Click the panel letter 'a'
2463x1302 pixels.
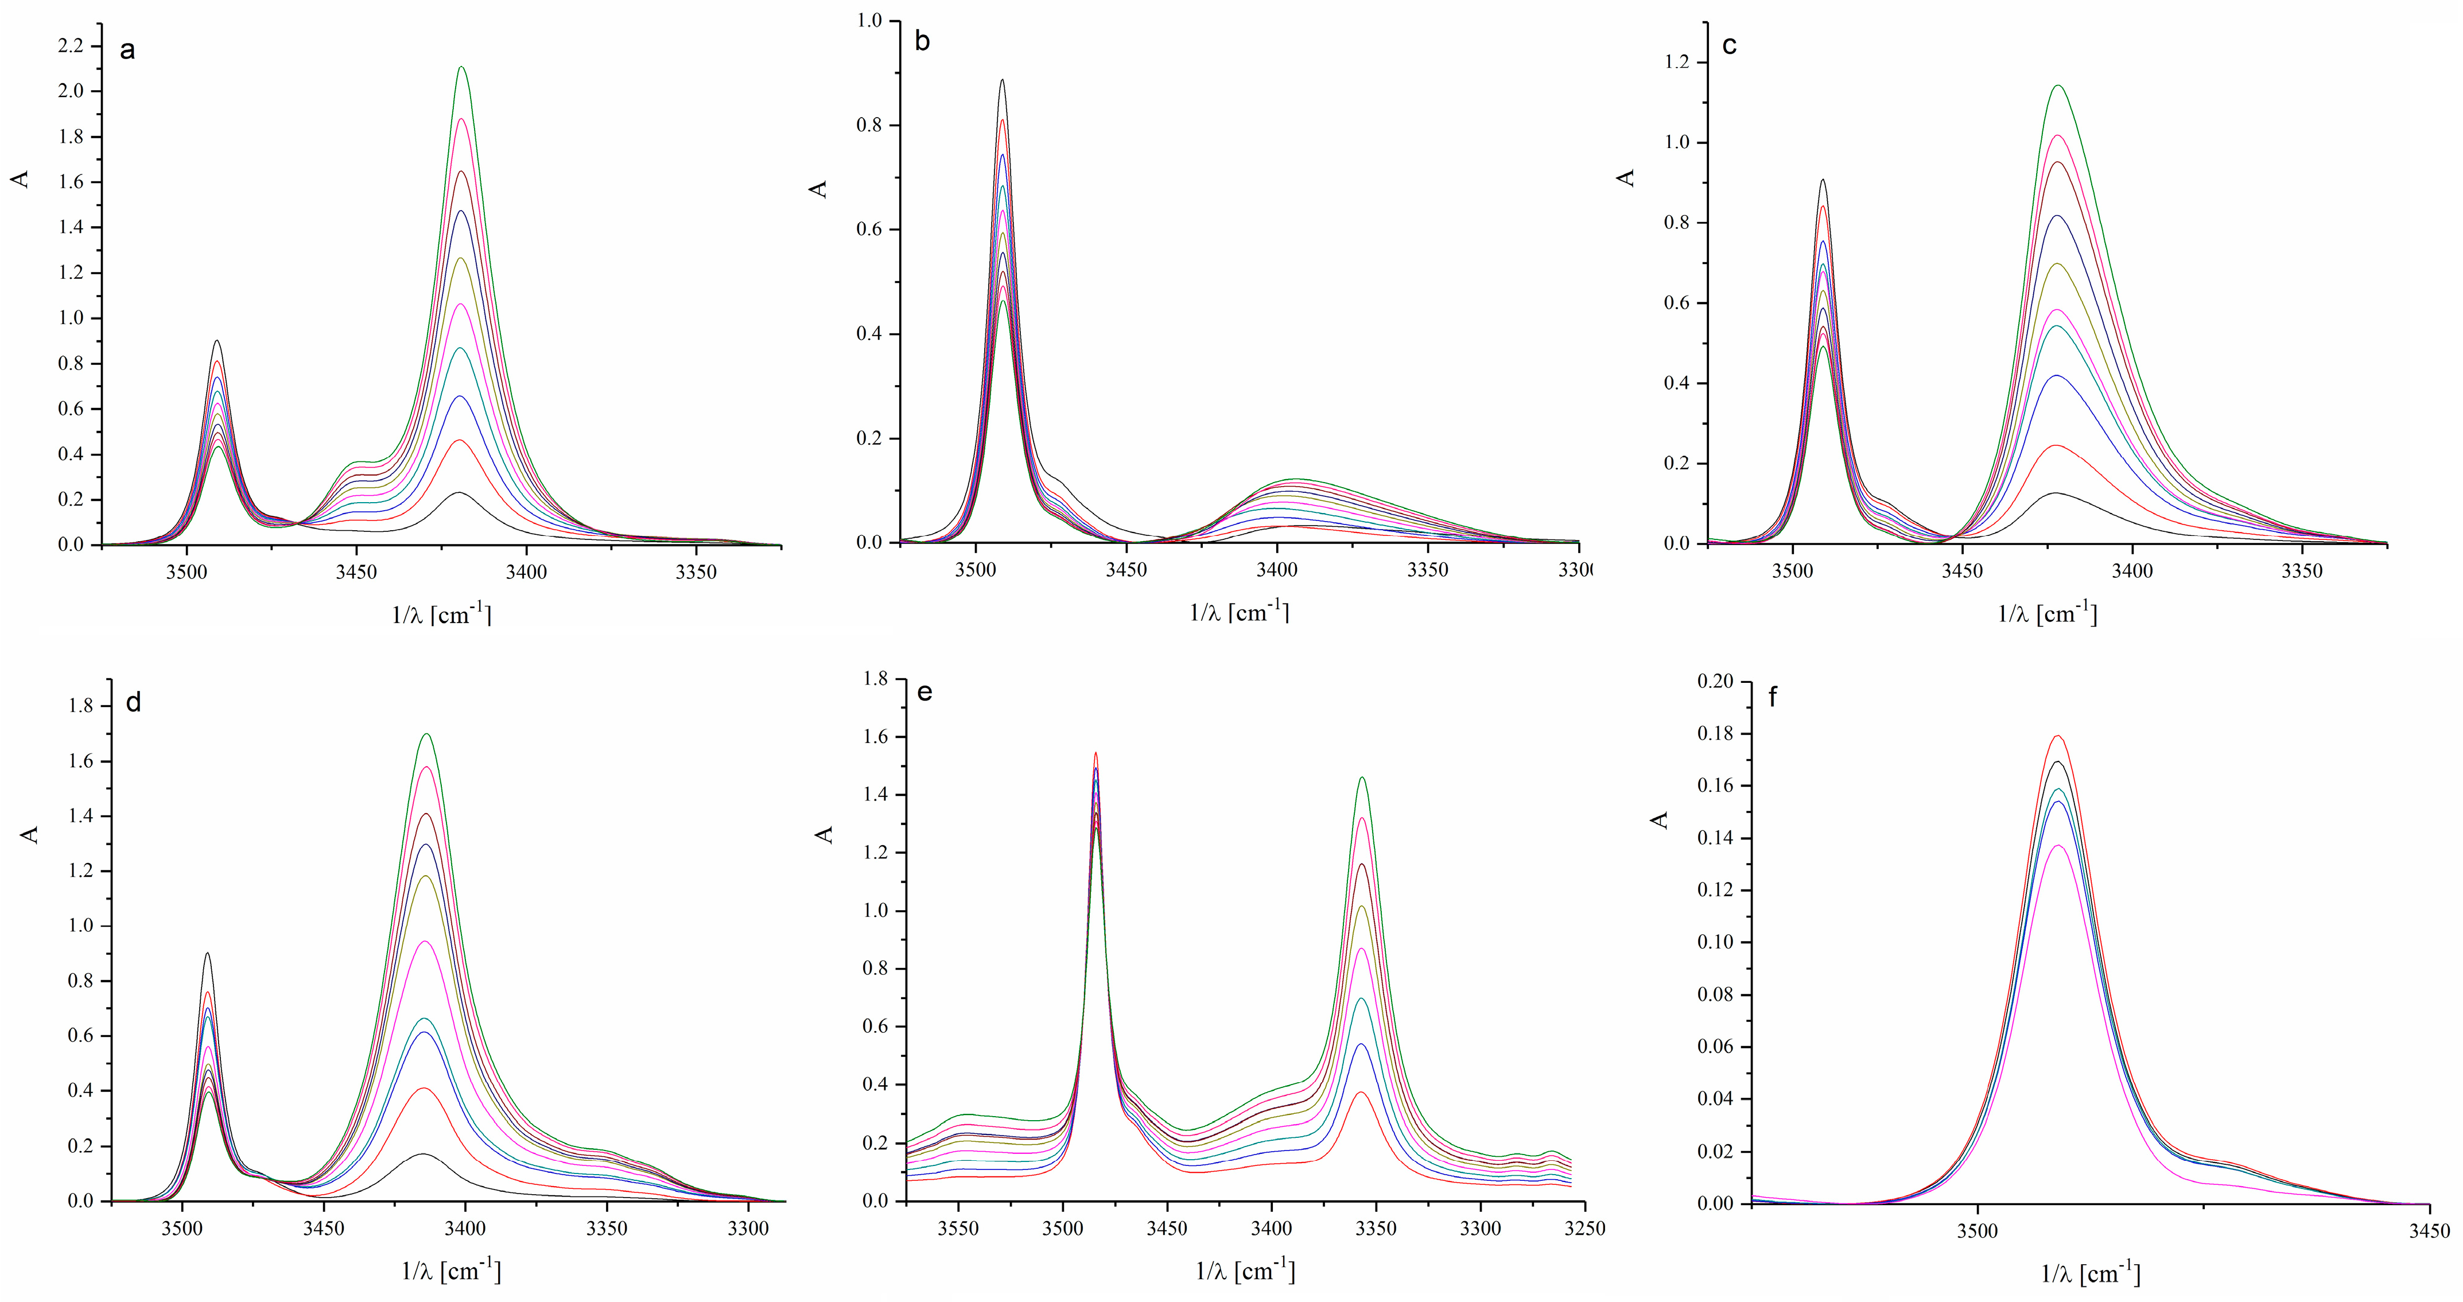127,50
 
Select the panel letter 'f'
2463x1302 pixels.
1774,697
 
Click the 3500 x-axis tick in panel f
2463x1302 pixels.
1978,1231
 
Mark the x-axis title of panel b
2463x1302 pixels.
1239,612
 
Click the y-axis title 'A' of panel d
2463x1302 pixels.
30,834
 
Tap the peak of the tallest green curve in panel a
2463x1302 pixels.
462,67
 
